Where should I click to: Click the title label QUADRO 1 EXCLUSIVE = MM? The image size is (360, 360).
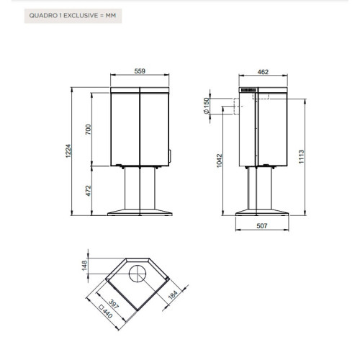coord(73,16)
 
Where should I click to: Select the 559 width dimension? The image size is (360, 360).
coord(140,71)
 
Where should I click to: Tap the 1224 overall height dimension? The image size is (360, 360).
coord(68,151)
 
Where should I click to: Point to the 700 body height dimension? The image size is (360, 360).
coord(89,130)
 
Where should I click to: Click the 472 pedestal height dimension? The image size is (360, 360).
coord(89,191)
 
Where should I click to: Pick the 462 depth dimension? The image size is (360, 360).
coord(263,72)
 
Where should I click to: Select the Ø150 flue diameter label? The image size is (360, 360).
coord(207,106)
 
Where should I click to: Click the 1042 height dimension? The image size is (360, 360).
coord(220,161)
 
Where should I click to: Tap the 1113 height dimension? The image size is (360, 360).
coord(301,157)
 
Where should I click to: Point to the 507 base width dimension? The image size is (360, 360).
coord(262,226)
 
